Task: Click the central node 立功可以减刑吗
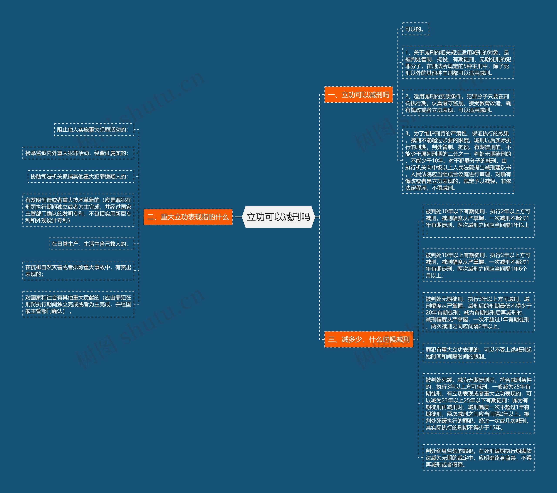point(278,217)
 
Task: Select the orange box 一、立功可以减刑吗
point(358,95)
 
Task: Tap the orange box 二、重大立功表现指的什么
point(188,217)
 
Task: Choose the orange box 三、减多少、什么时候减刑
point(368,339)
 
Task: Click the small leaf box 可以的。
point(416,29)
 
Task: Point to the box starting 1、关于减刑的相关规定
point(458,63)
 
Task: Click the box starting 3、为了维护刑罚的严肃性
point(458,160)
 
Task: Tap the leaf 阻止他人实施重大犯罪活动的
point(94,130)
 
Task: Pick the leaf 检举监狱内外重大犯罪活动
point(78,153)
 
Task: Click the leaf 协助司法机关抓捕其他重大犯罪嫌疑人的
point(81,177)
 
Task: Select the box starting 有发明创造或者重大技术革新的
point(78,210)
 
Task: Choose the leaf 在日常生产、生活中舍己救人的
point(91,244)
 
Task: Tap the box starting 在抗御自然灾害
point(78,271)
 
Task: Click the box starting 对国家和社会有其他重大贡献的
point(78,304)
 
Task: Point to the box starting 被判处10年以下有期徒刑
point(478,221)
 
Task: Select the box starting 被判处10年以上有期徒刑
point(478,265)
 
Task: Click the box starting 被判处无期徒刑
point(478,312)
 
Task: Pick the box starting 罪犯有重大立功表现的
point(478,353)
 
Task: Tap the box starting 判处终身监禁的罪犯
point(478,458)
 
